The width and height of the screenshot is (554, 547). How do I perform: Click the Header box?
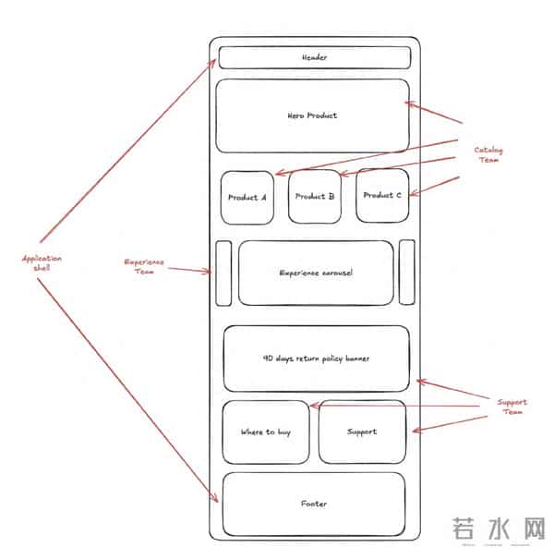click(314, 58)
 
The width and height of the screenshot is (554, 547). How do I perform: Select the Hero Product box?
click(312, 115)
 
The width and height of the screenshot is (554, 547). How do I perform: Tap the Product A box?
click(247, 197)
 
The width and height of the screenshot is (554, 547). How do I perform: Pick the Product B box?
click(315, 196)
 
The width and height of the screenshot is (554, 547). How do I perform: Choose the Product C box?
click(382, 195)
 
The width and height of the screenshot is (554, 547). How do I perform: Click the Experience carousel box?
click(316, 273)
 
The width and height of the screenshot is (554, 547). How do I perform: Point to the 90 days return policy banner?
click(316, 358)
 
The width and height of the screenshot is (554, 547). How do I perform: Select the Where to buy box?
click(265, 432)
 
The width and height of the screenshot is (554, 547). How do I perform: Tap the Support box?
click(362, 432)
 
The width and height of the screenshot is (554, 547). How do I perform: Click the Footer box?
click(314, 504)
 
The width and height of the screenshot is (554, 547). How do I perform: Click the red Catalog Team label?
click(489, 154)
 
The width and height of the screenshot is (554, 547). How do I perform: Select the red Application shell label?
click(42, 263)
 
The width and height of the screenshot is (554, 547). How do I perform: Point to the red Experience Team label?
click(145, 266)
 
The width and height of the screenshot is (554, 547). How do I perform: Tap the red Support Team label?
click(512, 407)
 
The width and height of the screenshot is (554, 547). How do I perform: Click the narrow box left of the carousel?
click(223, 272)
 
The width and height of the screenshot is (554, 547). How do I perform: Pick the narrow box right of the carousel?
click(406, 272)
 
